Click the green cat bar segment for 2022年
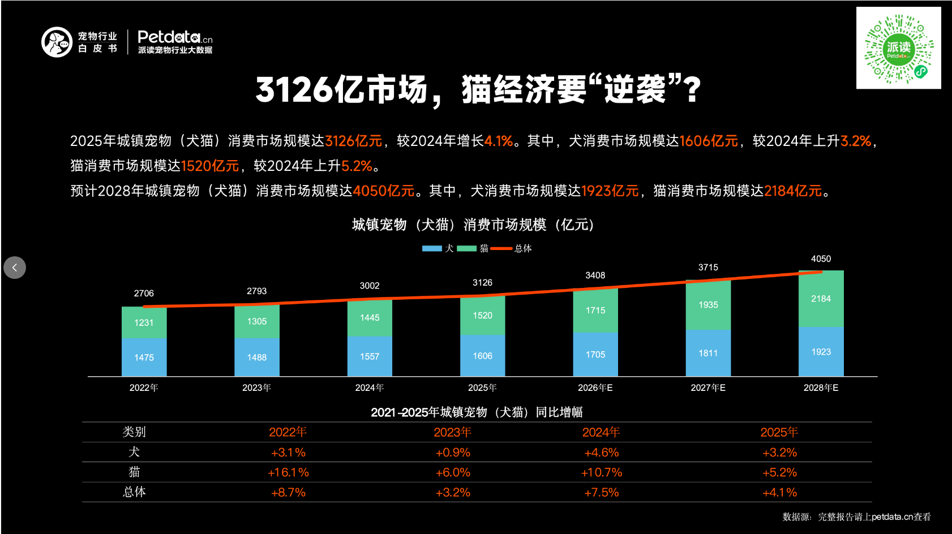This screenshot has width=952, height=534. pyautogui.click(x=144, y=322)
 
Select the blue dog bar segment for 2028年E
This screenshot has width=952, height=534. pyautogui.click(x=821, y=352)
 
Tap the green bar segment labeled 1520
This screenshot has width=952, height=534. pyautogui.click(x=482, y=316)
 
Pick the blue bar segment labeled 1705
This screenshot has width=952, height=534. pyautogui.click(x=595, y=355)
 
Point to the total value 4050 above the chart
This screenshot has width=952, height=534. pyautogui.click(x=821, y=259)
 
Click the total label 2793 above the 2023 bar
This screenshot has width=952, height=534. pyautogui.click(x=256, y=291)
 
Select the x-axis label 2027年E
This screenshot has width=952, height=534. pyautogui.click(x=707, y=388)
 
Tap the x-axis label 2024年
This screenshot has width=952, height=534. pyautogui.click(x=370, y=388)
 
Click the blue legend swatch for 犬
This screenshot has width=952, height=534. pyautogui.click(x=432, y=248)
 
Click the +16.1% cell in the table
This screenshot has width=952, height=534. pyautogui.click(x=288, y=472)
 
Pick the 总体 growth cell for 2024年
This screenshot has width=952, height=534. pyautogui.click(x=601, y=493)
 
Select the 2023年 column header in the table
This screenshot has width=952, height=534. pyautogui.click(x=452, y=432)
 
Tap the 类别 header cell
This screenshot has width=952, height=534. pyautogui.click(x=134, y=432)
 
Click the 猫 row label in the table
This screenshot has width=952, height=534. pyautogui.click(x=134, y=472)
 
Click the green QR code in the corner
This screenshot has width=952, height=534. pyautogui.click(x=898, y=49)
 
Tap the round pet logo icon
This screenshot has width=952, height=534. pyautogui.click(x=57, y=42)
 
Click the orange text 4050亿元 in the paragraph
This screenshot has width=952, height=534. pyautogui.click(x=384, y=191)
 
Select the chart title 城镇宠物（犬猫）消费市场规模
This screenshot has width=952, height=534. pyautogui.click(x=473, y=225)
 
